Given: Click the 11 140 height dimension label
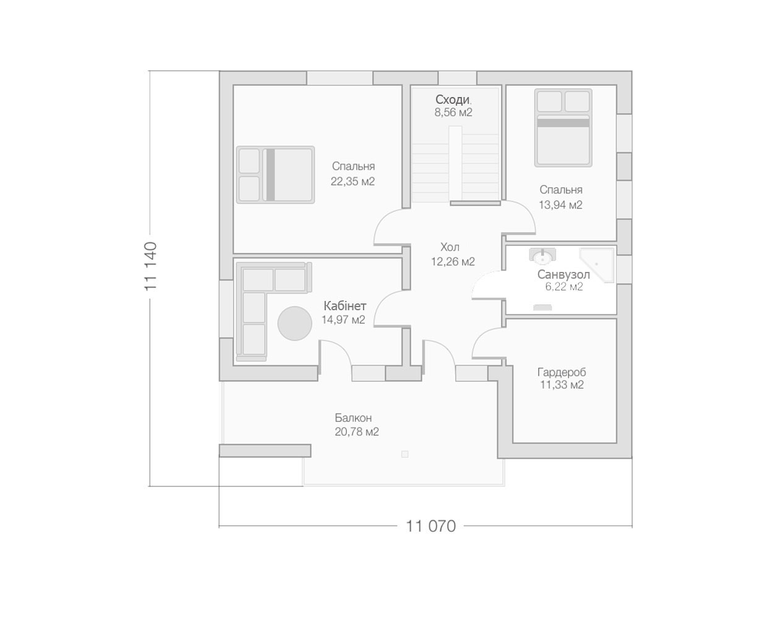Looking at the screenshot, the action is click(151, 266).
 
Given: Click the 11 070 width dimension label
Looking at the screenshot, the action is click(430, 527).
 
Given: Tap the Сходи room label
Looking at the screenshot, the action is click(452, 99).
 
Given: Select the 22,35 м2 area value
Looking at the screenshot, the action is click(352, 181).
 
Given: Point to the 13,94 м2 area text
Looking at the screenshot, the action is click(560, 205).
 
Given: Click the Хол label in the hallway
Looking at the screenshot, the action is click(450, 247).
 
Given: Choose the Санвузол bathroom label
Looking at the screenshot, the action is click(563, 275).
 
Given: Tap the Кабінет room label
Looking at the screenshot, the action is click(345, 306).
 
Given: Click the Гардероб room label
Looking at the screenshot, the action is click(562, 373).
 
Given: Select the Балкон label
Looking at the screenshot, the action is click(353, 418).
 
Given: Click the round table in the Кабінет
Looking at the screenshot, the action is click(294, 323).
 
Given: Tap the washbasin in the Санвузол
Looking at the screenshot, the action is click(542, 255).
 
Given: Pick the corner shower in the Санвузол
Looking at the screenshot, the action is click(596, 264).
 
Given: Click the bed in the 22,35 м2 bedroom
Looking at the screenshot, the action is click(275, 175).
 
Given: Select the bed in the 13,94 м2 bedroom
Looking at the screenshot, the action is click(563, 128).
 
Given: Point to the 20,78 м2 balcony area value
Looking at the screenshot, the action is click(357, 431).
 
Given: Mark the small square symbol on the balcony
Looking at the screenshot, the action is click(405, 454).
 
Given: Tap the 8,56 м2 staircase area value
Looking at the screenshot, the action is click(453, 112).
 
